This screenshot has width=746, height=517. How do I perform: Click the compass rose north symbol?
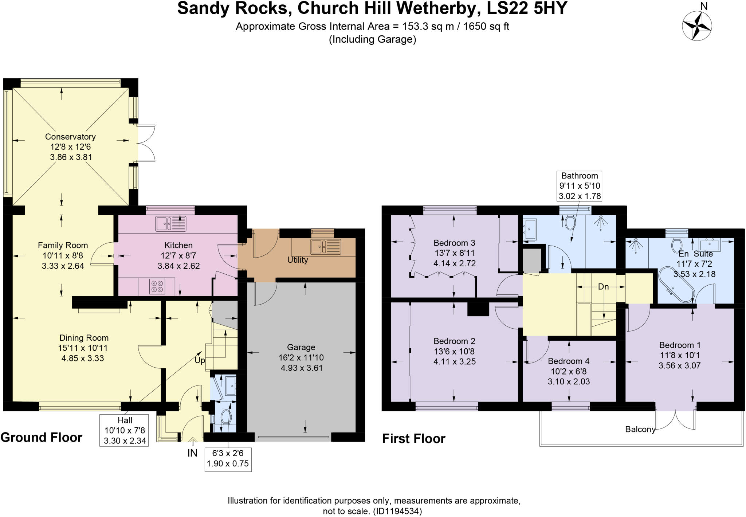[x=696, y=26]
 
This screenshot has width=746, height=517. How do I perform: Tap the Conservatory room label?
[x=70, y=137]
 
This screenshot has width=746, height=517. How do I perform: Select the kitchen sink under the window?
[x=170, y=224]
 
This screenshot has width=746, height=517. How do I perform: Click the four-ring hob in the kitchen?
[x=157, y=286]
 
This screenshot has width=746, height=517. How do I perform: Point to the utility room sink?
[x=325, y=247]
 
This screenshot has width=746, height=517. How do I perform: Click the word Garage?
[x=301, y=347]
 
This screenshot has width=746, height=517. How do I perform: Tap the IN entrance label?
[x=192, y=453]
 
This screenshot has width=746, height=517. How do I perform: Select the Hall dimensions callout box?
[x=124, y=430]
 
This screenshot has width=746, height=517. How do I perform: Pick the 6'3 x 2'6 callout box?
[x=228, y=459]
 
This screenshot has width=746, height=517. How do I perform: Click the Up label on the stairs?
[x=200, y=360]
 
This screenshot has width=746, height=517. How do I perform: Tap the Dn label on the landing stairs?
[x=603, y=287]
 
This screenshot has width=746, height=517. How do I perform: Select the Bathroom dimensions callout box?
[x=580, y=186]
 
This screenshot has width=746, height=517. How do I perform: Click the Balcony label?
[x=640, y=429]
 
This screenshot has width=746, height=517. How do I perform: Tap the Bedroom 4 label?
[x=569, y=361]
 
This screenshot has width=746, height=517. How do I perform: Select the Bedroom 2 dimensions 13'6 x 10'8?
[x=454, y=352]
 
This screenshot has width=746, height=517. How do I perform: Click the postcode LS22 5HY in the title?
[x=527, y=8]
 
